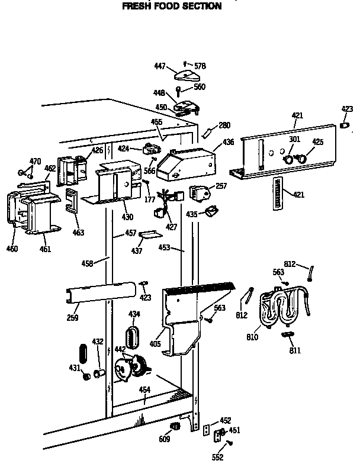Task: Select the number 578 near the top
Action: (200, 66)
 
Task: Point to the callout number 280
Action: (224, 125)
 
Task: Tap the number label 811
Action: (294, 350)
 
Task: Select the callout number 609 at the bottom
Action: (165, 439)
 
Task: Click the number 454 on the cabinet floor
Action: (144, 389)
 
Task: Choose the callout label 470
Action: (36, 161)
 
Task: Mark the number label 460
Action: (12, 249)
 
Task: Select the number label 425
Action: (318, 142)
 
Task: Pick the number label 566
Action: (150, 171)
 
